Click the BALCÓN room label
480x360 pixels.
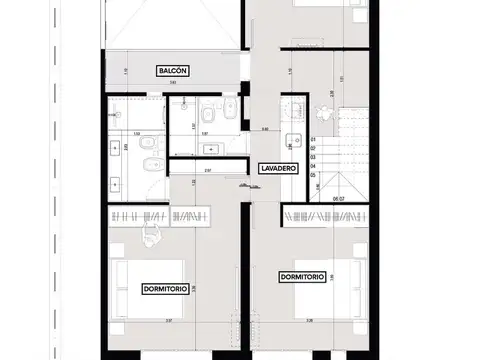coord(171,71)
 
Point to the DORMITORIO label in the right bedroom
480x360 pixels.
coord(302,277)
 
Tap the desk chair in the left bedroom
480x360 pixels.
coord(152,233)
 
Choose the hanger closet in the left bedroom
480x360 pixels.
coord(160,216)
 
